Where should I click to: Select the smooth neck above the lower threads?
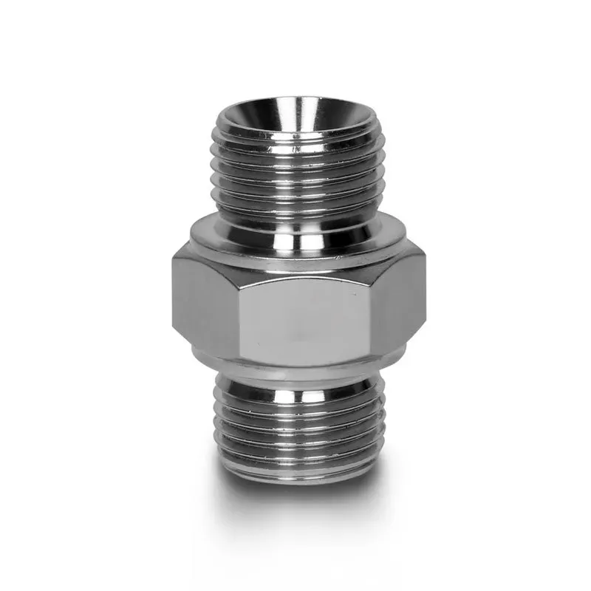click(295, 380)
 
